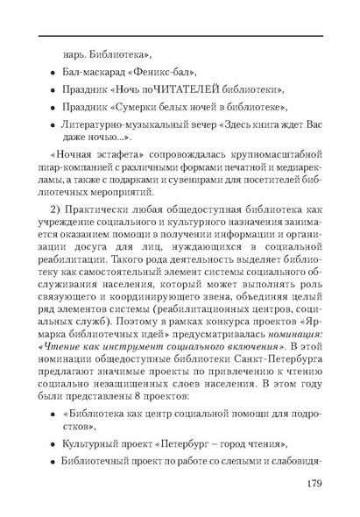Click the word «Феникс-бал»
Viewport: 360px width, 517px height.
pyautogui.click(x=166, y=71)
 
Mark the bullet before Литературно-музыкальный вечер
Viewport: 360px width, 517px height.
pyautogui.click(x=54, y=126)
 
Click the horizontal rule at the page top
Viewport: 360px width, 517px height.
pyautogui.click(x=180, y=33)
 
